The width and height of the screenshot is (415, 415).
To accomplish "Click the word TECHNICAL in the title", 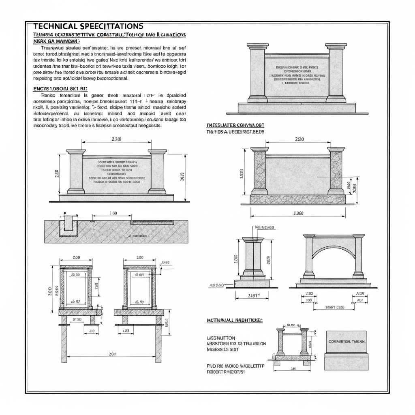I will coord(55,26).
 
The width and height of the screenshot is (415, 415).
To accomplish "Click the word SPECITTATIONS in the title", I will coord(112,26).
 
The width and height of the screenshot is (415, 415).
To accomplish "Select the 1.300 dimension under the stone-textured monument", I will coord(298,214).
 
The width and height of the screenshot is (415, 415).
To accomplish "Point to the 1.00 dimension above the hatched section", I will coord(113,213).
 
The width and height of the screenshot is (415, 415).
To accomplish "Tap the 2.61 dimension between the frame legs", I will coord(112,354).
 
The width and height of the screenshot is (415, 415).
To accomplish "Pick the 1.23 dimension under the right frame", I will coord(126,331).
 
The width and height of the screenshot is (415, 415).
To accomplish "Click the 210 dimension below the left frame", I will coord(92,331).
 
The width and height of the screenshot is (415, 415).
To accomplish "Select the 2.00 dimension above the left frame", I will coord(76,257).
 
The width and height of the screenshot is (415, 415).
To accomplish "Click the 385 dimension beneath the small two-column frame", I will coord(293,369).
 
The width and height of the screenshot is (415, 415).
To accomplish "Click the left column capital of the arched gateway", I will coord(309,236).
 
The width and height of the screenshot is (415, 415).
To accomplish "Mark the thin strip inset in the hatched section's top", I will coord(152,222).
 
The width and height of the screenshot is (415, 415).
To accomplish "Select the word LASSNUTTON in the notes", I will coord(221,338).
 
